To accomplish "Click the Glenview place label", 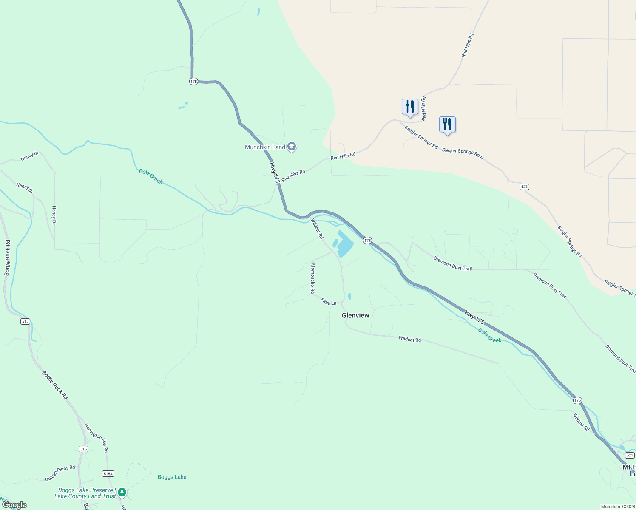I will [x=355, y=315].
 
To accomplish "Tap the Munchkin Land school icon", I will [x=292, y=147].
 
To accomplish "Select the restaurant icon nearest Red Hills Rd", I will [x=409, y=107].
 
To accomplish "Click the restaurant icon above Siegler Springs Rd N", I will [x=447, y=125].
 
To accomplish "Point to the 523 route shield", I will [x=524, y=187].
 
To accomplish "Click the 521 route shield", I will [x=630, y=455].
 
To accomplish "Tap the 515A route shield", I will [x=108, y=473].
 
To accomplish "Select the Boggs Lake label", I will [x=172, y=477].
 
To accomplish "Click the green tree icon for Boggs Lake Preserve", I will [x=122, y=493].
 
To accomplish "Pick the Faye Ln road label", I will [x=329, y=302].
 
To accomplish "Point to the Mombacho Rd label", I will [x=313, y=278].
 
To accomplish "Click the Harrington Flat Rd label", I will [x=97, y=437].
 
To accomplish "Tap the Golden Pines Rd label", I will [x=60, y=473].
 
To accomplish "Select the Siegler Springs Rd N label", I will [x=463, y=153].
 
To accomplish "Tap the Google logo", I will [x=14, y=505].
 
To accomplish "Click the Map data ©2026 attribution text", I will [x=618, y=507].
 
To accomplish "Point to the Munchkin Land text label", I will [x=265, y=147].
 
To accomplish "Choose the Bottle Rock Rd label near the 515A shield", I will [x=54, y=385].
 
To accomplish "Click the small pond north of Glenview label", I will [x=349, y=296].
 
